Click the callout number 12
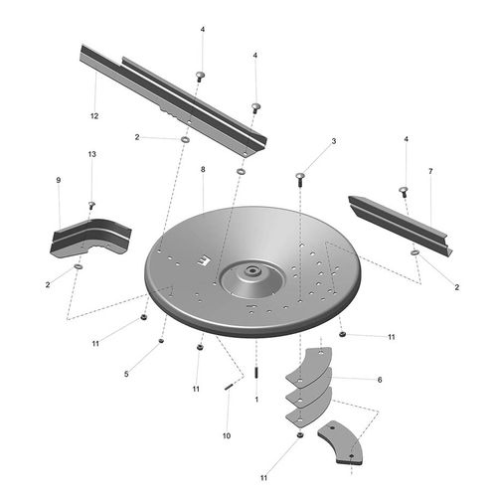point(94,116)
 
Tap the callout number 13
point(92,154)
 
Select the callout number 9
point(59,180)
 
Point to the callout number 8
point(203,169)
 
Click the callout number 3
point(334,141)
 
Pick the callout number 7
point(430,171)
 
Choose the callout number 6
point(380,380)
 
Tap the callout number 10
point(227,435)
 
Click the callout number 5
point(126,374)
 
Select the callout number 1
point(256,400)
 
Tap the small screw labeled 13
point(91,205)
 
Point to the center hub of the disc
point(253,271)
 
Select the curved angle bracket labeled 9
point(90,237)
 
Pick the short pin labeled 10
point(229,387)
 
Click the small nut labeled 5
point(161,341)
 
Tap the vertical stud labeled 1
point(256,373)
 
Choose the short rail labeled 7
point(401,226)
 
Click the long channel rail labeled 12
point(173,101)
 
